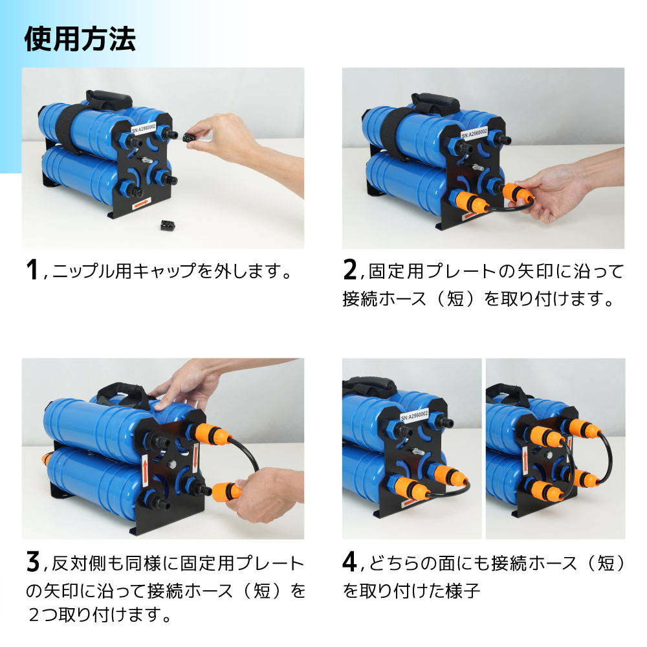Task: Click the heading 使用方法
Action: pyautogui.click(x=80, y=39)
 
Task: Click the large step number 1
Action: pyautogui.click(x=32, y=270)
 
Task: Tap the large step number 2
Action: pyautogui.click(x=350, y=270)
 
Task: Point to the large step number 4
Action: pyautogui.click(x=350, y=562)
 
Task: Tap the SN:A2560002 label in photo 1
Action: pyautogui.click(x=146, y=124)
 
